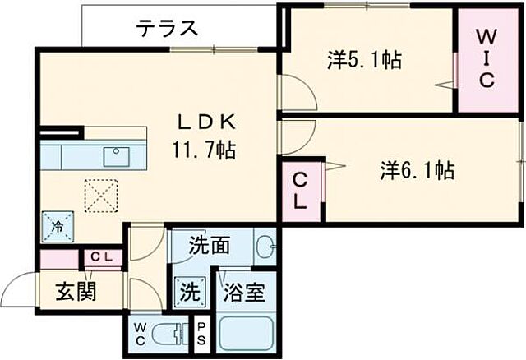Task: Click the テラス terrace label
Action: (167, 29)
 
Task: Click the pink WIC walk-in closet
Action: (486, 59)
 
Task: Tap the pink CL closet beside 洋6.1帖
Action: (302, 191)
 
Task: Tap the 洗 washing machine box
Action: (189, 291)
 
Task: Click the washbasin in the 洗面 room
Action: (265, 246)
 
